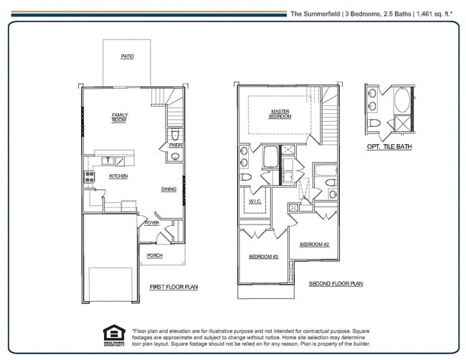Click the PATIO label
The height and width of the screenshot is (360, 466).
[x=127, y=56]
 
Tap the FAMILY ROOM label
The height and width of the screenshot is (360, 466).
[x=119, y=117]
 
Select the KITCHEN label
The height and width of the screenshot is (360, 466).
[x=118, y=176]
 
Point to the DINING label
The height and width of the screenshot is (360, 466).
[x=168, y=189]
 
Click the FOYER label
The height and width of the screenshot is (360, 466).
[x=151, y=223]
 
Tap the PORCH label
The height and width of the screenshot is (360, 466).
[x=154, y=255]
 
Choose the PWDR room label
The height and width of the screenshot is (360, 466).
[x=175, y=146]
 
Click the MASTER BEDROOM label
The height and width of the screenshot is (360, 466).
[x=280, y=114]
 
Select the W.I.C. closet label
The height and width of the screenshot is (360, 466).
[x=255, y=202]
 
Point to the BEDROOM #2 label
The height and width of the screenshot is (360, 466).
[x=314, y=244]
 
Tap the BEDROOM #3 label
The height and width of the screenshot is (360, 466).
[x=263, y=257]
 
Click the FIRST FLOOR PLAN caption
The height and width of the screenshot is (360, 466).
[x=173, y=287]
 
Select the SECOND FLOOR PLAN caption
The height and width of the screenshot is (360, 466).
[x=336, y=283]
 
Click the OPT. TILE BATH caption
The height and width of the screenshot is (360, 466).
[x=389, y=146]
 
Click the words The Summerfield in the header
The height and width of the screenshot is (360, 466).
[x=314, y=13]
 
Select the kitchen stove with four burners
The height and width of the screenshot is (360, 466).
[x=90, y=176]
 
